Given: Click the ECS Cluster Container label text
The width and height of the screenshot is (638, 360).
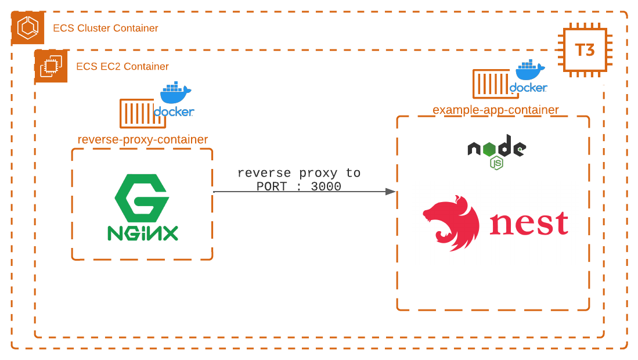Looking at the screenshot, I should (105, 28).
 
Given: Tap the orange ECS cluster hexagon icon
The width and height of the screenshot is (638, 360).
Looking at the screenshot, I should (28, 28).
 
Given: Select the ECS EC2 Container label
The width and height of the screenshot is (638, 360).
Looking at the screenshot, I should (122, 67).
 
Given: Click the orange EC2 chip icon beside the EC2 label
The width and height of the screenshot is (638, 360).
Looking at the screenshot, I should (51, 66).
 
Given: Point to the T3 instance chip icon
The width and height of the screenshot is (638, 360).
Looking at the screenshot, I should (585, 50).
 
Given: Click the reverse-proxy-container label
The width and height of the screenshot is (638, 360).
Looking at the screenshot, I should (142, 140).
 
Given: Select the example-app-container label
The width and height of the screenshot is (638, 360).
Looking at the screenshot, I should (495, 110).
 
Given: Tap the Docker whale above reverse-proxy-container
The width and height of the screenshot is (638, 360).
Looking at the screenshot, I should (175, 92).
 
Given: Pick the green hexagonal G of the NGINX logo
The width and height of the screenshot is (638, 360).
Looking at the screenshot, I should (142, 197).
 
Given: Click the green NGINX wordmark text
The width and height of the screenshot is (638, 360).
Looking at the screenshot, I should (142, 233).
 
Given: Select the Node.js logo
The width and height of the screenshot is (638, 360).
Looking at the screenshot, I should (496, 148).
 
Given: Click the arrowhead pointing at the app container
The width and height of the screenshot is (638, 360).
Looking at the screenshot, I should (391, 192).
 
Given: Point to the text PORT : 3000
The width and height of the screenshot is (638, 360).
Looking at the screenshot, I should (298, 187).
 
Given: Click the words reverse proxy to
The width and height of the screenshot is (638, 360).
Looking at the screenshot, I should (298, 173).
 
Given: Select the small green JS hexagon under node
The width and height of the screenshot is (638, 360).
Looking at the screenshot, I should (496, 163).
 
